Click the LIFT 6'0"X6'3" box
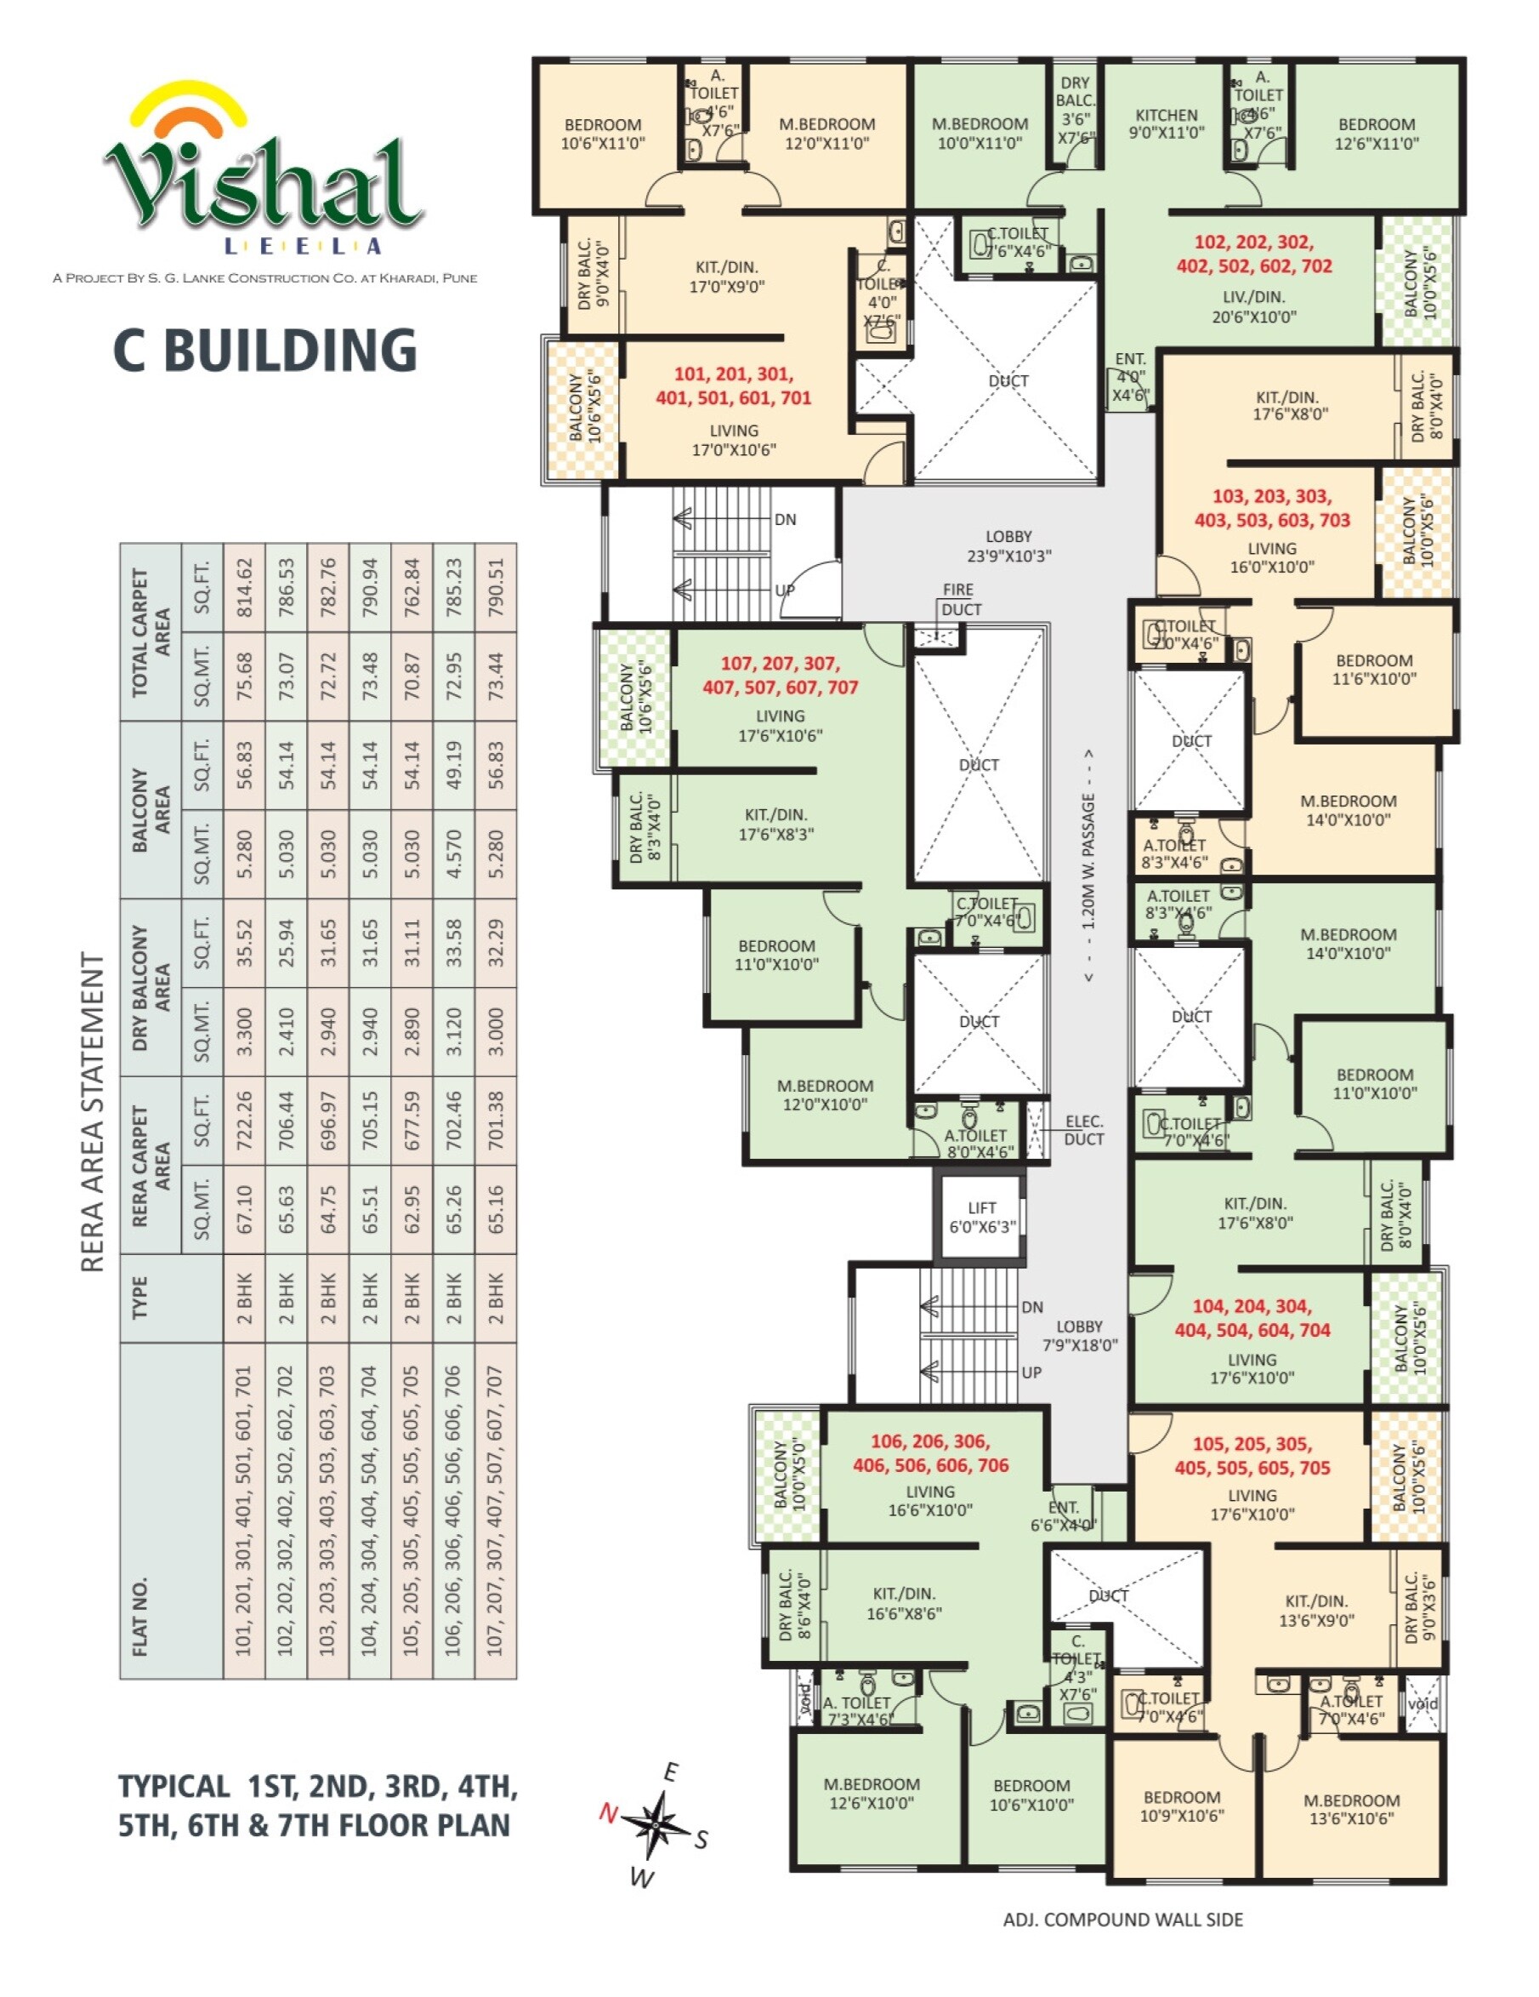pyautogui.click(x=981, y=1217)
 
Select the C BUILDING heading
pyautogui.click(x=265, y=351)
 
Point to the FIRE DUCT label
pyautogui.click(x=960, y=600)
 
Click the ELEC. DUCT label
pyautogui.click(x=1083, y=1130)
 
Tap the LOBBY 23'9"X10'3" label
pyautogui.click(x=1008, y=546)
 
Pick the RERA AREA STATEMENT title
pyautogui.click(x=93, y=1111)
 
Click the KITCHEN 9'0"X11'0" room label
pyautogui.click(x=1165, y=123)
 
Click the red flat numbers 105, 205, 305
pyautogui.click(x=1251, y=1455)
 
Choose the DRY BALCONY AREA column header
pyautogui.click(x=150, y=987)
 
